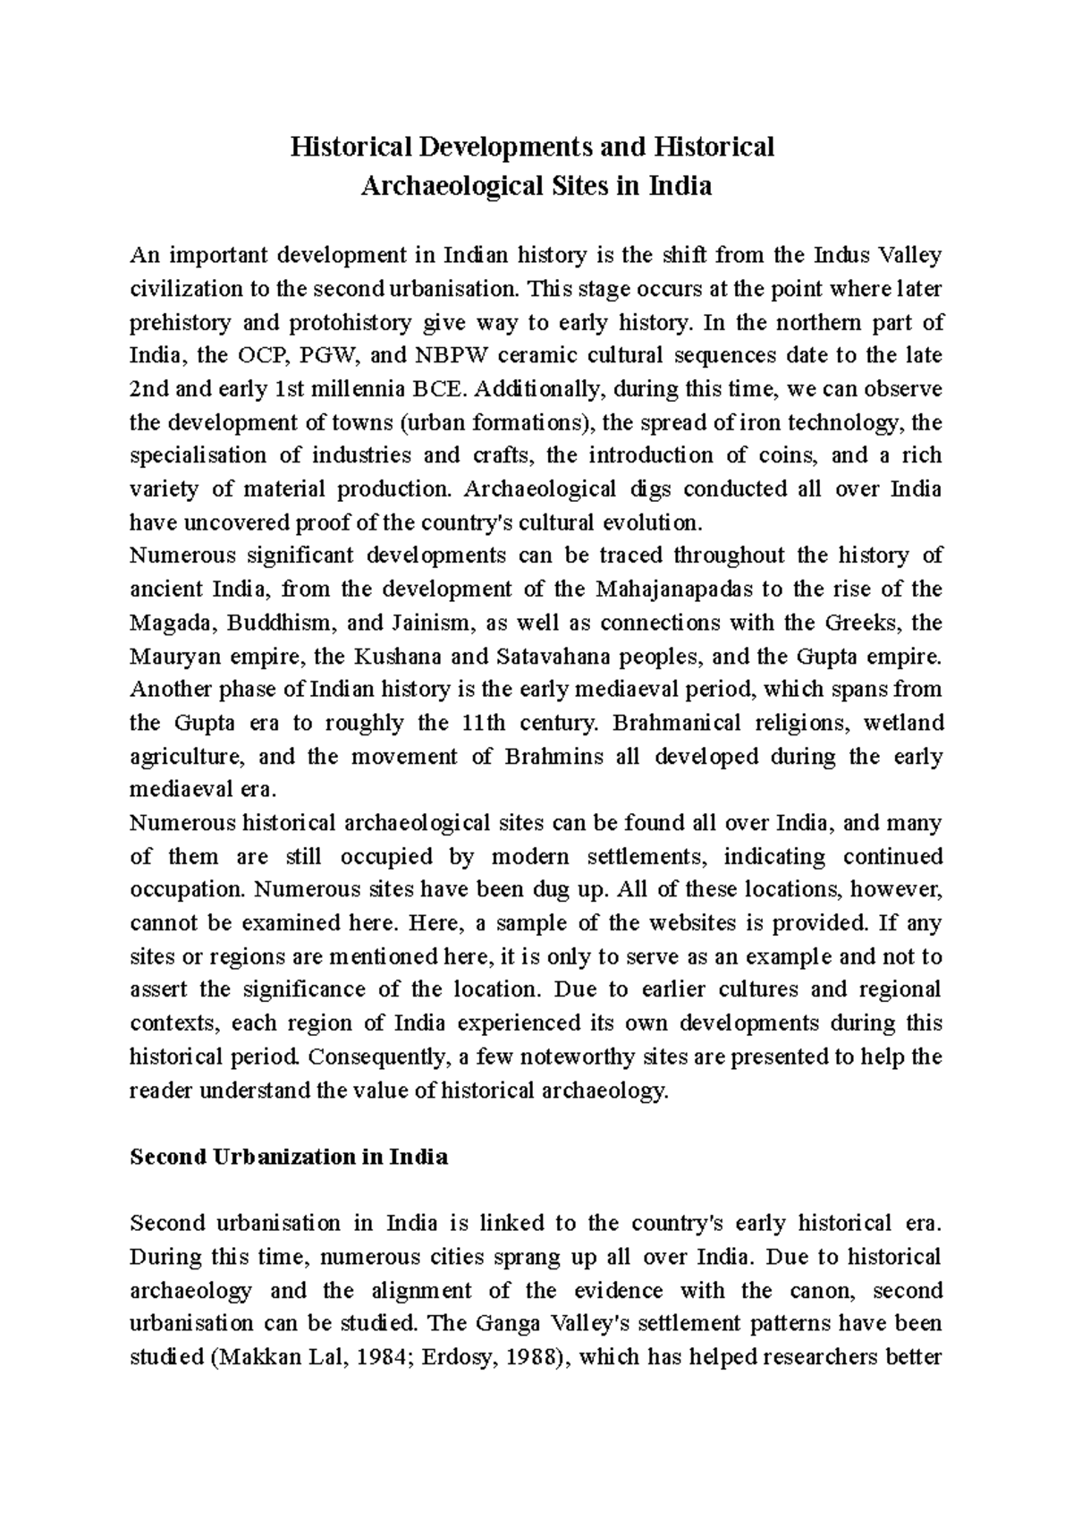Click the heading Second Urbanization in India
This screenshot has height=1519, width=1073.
click(x=289, y=1157)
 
